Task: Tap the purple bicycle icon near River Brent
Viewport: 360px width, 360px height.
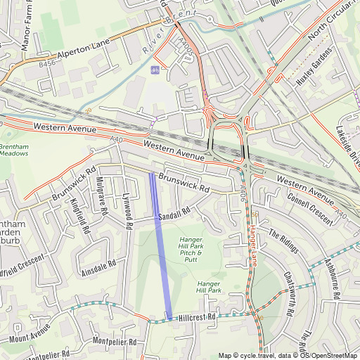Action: point(155,70)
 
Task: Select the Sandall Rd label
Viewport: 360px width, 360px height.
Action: point(174,214)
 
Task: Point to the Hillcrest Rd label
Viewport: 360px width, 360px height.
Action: point(196,318)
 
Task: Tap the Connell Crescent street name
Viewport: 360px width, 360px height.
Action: point(310,208)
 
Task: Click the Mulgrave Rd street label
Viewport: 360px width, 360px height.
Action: point(101,196)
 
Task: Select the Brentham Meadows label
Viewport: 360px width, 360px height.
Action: point(13,150)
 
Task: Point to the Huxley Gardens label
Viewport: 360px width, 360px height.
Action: point(314,68)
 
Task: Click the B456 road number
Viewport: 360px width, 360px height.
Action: point(46,65)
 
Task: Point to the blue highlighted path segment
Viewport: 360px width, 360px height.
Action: point(161,246)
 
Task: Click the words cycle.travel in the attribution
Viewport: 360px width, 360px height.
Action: point(257,355)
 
